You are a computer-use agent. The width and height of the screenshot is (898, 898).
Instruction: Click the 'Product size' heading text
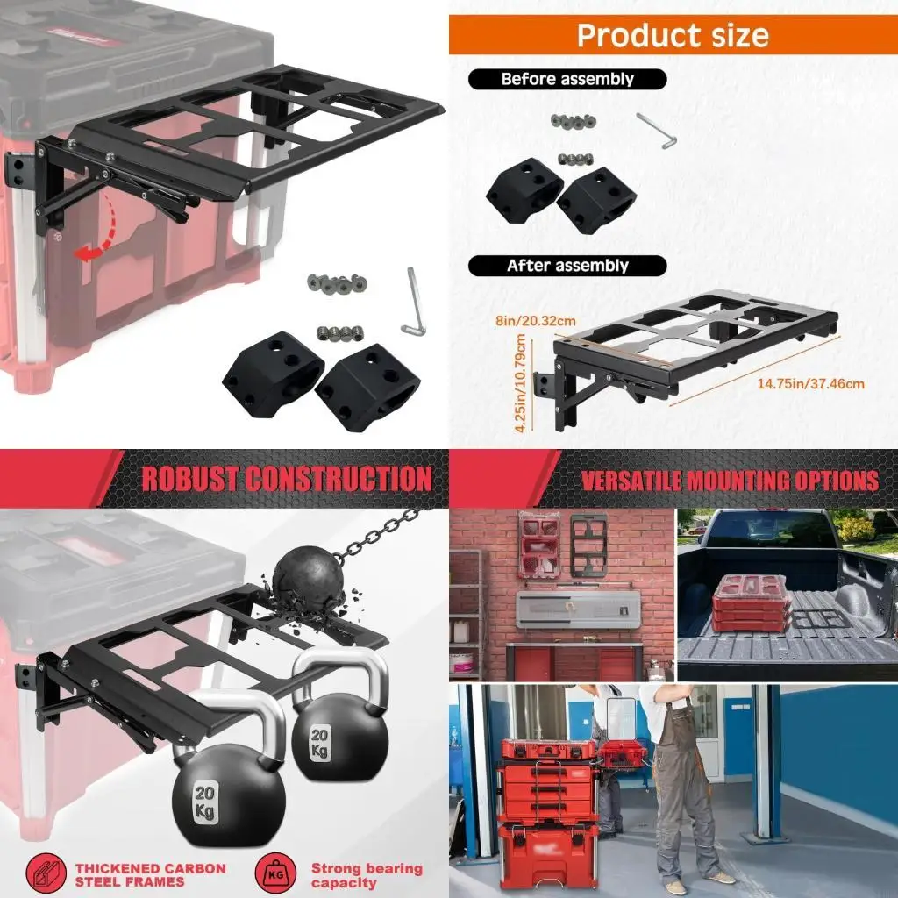pyautogui.click(x=673, y=35)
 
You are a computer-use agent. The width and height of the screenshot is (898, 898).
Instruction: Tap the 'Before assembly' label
pyautogui.click(x=567, y=79)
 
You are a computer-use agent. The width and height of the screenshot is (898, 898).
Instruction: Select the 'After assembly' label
pyautogui.click(x=567, y=265)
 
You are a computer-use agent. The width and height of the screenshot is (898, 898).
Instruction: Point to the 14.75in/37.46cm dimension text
pyautogui.click(x=811, y=383)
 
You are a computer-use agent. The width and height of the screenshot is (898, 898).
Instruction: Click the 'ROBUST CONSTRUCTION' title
pyautogui.click(x=287, y=479)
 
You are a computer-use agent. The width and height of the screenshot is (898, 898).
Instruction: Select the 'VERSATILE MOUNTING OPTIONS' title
pyautogui.click(x=730, y=481)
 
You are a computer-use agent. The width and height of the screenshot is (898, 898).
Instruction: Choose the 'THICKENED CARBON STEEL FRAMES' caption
pyautogui.click(x=150, y=874)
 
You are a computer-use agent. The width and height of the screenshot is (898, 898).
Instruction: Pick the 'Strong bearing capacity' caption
pyautogui.click(x=367, y=874)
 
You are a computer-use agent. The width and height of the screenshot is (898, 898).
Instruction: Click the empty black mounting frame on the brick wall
pyautogui.click(x=588, y=545)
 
